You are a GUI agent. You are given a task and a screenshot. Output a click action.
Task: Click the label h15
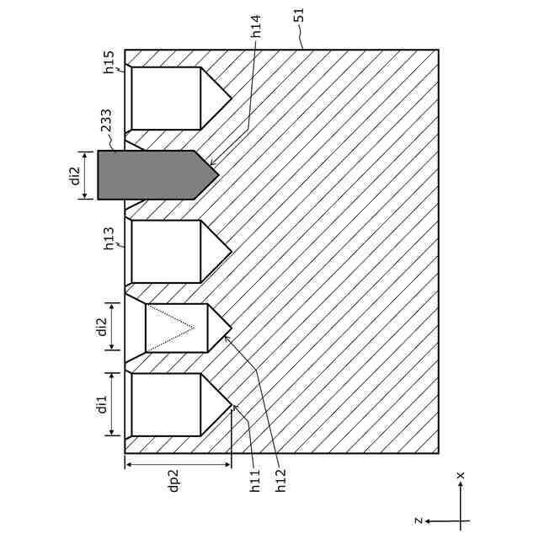(109, 62)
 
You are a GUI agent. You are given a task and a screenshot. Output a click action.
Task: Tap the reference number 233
(106, 120)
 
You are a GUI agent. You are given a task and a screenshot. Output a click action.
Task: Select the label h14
(256, 26)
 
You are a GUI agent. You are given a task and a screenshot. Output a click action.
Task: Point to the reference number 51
(300, 15)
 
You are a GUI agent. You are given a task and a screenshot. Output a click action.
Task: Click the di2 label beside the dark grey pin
(75, 175)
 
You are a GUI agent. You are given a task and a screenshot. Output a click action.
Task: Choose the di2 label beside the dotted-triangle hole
(102, 327)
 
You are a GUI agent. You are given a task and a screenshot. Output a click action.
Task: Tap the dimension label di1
(102, 404)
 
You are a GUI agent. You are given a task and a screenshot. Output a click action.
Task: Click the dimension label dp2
(174, 480)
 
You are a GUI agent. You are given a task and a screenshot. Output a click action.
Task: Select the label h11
(255, 480)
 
